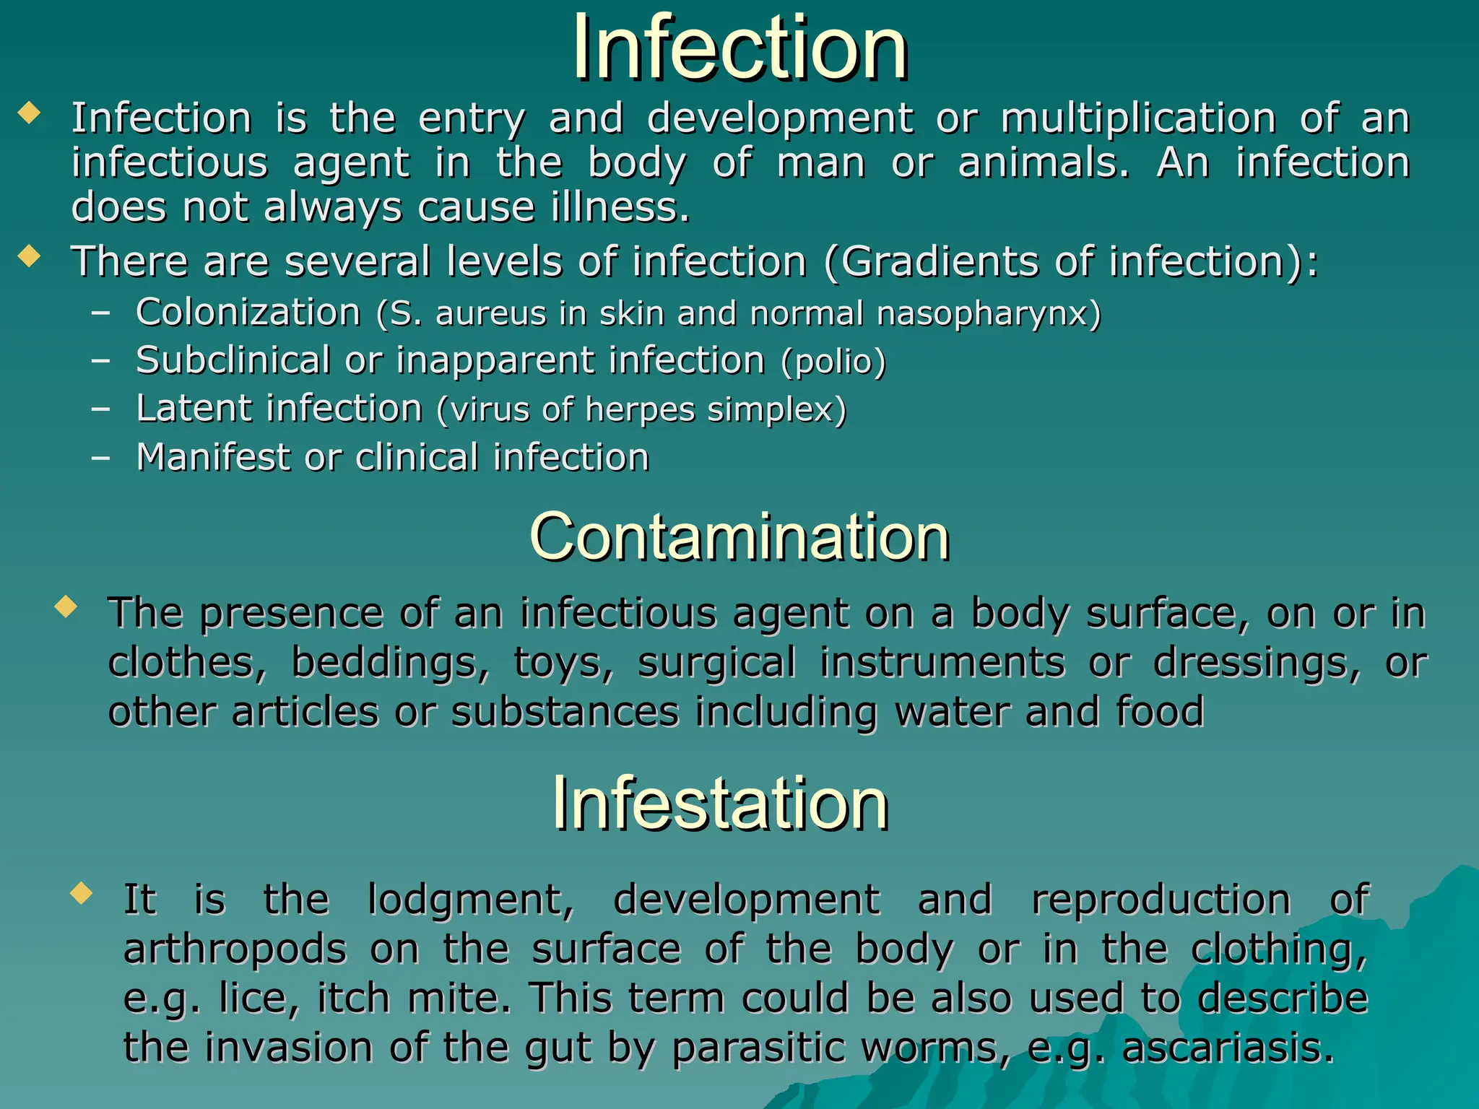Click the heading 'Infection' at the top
[x=739, y=49]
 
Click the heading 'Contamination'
[x=739, y=537]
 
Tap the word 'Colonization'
[x=248, y=313]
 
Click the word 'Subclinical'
[x=233, y=360]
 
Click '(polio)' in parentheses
[x=833, y=362]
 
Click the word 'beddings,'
[x=390, y=663]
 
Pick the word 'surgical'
[x=716, y=663]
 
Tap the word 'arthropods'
[x=235, y=949]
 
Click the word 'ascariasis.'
[x=1228, y=1048]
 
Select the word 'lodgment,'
[x=471, y=900]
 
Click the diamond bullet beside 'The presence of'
[x=66, y=606]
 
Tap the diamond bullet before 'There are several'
[x=29, y=256]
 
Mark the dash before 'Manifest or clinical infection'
[x=100, y=458]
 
